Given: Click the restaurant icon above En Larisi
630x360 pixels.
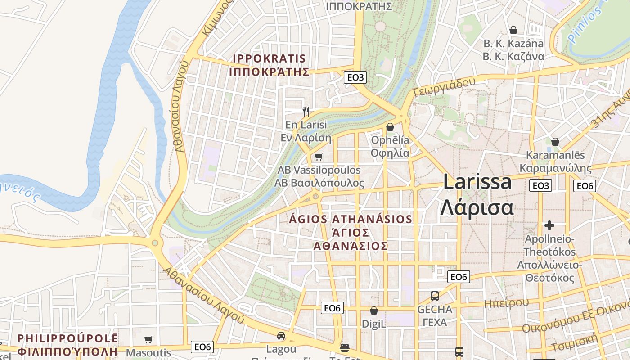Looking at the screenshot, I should pos(306,111).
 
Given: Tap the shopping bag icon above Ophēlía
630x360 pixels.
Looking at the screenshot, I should pos(390,127).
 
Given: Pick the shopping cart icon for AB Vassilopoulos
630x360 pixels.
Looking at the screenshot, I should pos(319,157).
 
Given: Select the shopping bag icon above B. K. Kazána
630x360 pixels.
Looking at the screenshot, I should pos(513,30).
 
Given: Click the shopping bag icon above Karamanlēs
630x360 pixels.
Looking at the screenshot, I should pos(555,142).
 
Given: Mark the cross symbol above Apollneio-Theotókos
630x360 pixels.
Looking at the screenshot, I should pos(549,225).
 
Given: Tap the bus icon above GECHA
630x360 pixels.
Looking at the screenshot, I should pos(435,296).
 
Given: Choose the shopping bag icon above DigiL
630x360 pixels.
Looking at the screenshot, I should pos(373,310).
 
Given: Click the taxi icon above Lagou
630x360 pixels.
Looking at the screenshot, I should pos(281,336).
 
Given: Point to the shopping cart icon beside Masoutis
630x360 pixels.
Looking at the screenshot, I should pos(148,339).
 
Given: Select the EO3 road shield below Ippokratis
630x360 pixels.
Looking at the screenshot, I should pos(355,77).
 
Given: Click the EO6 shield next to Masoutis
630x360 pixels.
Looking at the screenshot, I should pos(202,346).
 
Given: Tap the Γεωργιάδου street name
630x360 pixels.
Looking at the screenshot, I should pos(444,86).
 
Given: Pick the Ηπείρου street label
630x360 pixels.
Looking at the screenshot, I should pos(506,303).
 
